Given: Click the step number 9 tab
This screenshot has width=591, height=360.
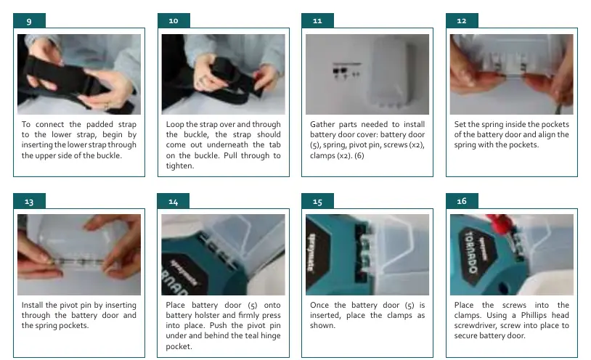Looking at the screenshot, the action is click(29, 21).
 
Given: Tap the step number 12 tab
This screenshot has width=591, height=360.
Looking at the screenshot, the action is click(462, 21).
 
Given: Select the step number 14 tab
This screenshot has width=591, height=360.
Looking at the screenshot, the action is click(173, 201).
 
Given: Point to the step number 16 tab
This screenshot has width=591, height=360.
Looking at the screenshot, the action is click(462, 201).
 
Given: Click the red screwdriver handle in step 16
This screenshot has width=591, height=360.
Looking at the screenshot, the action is click(497, 222).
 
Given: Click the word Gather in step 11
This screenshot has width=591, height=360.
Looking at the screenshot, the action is click(322, 124).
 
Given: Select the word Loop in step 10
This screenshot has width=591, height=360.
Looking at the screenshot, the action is click(174, 125).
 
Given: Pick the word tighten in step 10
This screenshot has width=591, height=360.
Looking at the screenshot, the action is click(179, 166).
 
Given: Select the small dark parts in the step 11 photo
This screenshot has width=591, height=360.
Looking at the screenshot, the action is click(346, 71).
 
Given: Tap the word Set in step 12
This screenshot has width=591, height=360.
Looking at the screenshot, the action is click(460, 124).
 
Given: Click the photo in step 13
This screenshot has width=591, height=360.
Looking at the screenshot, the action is click(79, 255).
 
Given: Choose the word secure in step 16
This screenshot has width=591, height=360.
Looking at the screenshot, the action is click(465, 335).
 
